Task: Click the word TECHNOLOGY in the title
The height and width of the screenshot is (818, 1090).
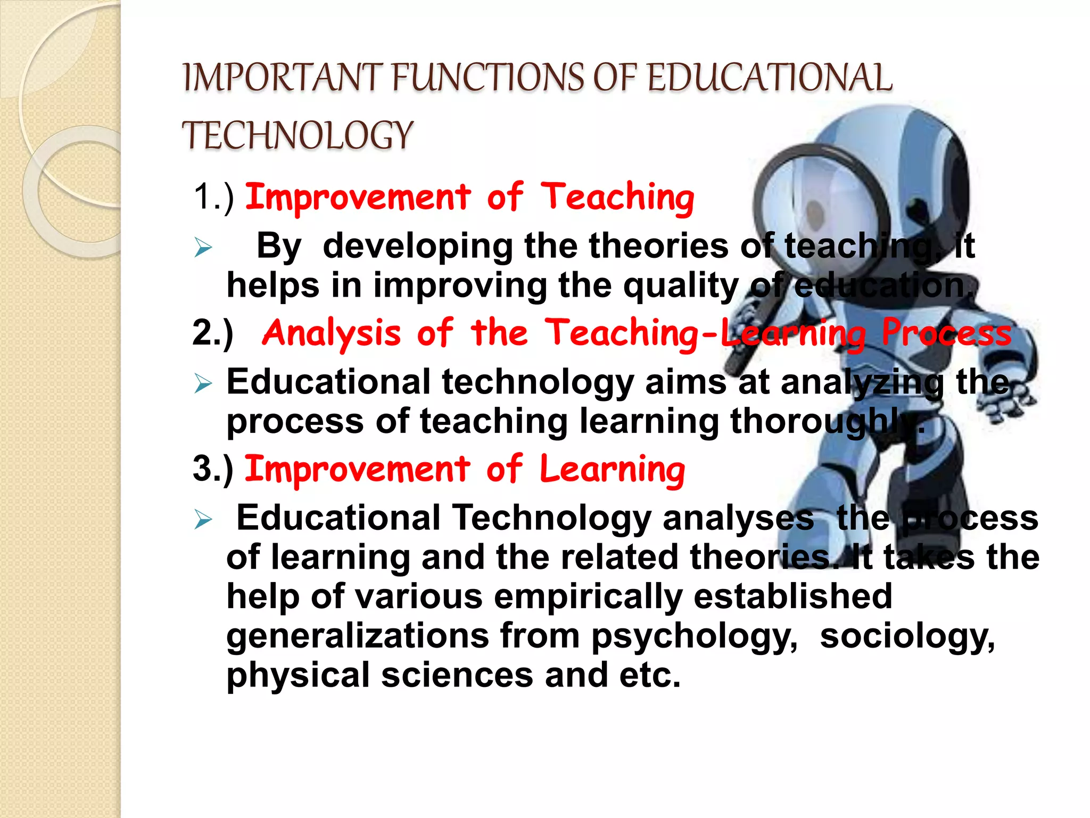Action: (298, 135)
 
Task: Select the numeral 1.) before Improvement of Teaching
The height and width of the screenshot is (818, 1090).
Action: (213, 197)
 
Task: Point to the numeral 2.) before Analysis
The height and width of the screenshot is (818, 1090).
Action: (213, 333)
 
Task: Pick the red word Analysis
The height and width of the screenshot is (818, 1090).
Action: (331, 334)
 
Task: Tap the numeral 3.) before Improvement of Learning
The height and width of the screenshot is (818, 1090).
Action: (213, 469)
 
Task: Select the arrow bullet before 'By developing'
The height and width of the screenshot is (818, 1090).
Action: (203, 248)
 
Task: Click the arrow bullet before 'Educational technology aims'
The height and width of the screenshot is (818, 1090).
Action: (203, 383)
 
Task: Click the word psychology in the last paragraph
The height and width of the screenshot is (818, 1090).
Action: (694, 637)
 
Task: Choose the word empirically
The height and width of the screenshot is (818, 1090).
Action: (588, 597)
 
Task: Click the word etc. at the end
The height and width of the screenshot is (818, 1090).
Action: (649, 675)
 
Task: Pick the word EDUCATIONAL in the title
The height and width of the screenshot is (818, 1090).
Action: (770, 78)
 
